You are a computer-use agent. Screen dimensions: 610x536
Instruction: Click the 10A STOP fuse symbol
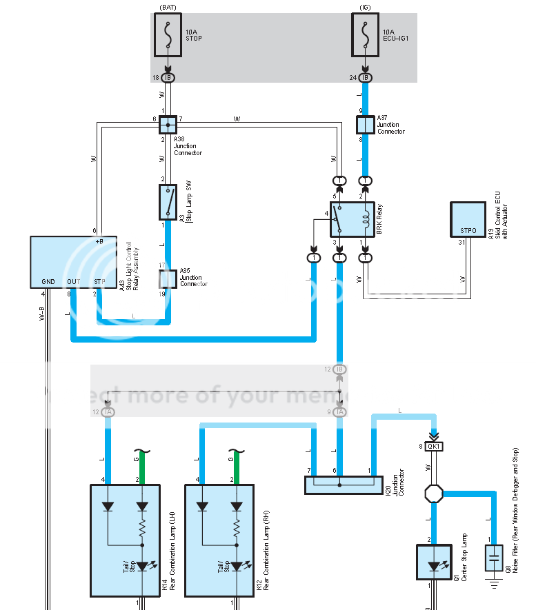pos(168,35)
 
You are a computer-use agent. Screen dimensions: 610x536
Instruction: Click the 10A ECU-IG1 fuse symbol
pos(365,35)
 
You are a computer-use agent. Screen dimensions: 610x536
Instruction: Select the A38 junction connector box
pos(168,125)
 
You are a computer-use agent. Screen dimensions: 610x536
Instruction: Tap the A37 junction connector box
pos(365,125)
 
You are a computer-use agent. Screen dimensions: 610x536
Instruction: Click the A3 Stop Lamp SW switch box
pos(168,201)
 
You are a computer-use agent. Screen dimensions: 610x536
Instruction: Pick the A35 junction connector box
pos(168,279)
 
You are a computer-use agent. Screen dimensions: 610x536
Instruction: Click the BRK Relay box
pos(352,219)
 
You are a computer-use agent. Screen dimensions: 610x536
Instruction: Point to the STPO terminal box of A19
pos(468,219)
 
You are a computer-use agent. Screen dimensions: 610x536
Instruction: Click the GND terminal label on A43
pos(48,281)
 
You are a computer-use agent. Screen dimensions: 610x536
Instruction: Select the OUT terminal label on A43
pos(73,281)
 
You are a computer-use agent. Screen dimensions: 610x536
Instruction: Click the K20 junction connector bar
pos(343,485)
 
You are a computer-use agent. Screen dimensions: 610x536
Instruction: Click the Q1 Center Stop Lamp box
pos(434,562)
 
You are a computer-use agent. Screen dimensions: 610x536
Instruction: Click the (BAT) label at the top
pos(168,6)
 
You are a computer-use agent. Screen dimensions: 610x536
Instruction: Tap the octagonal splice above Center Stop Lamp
pos(433,493)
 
